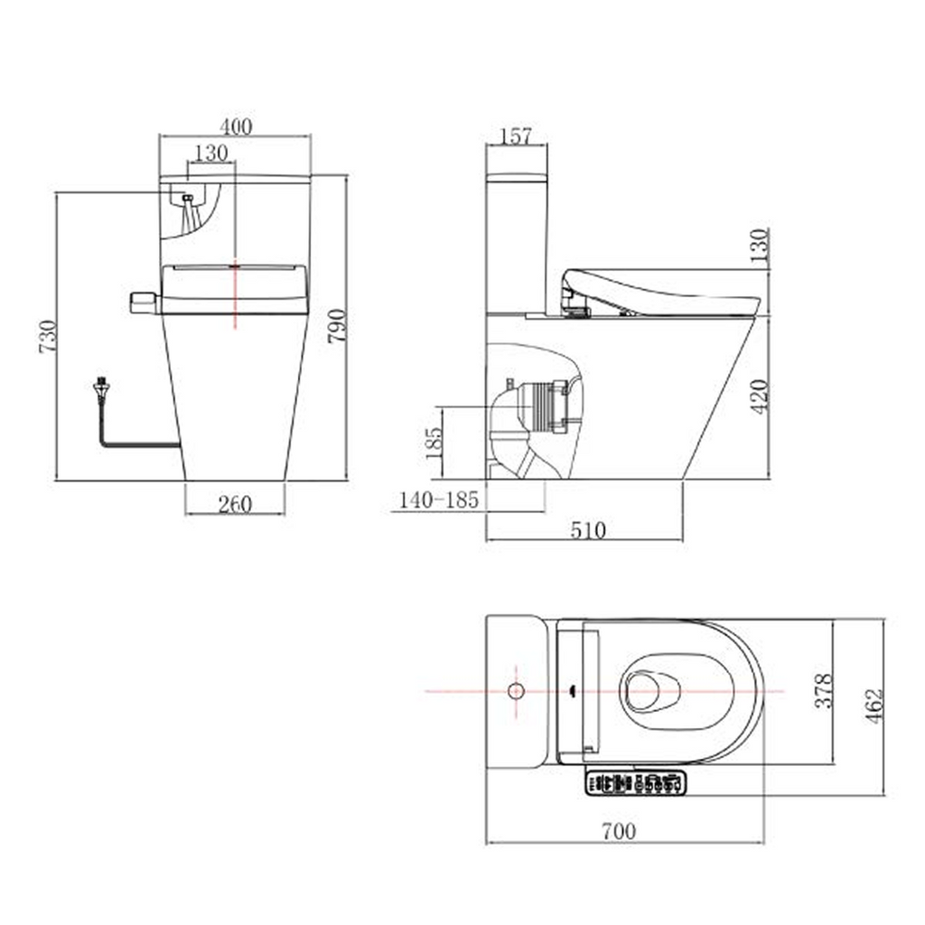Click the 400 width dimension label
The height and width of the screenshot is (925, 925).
pyautogui.click(x=235, y=126)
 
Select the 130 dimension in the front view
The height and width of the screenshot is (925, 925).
pyautogui.click(x=210, y=153)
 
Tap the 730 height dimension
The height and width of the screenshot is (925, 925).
pyautogui.click(x=47, y=336)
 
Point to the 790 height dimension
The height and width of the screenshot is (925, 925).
pyautogui.click(x=337, y=326)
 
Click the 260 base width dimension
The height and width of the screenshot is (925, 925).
pyautogui.click(x=235, y=504)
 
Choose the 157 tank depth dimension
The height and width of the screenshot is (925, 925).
pyautogui.click(x=516, y=135)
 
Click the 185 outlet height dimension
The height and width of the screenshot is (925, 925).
pyautogui.click(x=434, y=442)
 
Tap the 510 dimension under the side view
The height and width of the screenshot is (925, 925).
pyautogui.click(x=588, y=529)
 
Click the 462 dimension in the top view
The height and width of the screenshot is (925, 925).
pyautogui.click(x=874, y=706)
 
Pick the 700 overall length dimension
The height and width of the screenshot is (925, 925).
pyautogui.click(x=619, y=831)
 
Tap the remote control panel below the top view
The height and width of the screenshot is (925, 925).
pyautogui.click(x=636, y=783)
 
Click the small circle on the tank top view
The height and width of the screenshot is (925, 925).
pyautogui.click(x=516, y=691)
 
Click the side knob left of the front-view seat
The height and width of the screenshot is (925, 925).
pyautogui.click(x=143, y=302)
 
